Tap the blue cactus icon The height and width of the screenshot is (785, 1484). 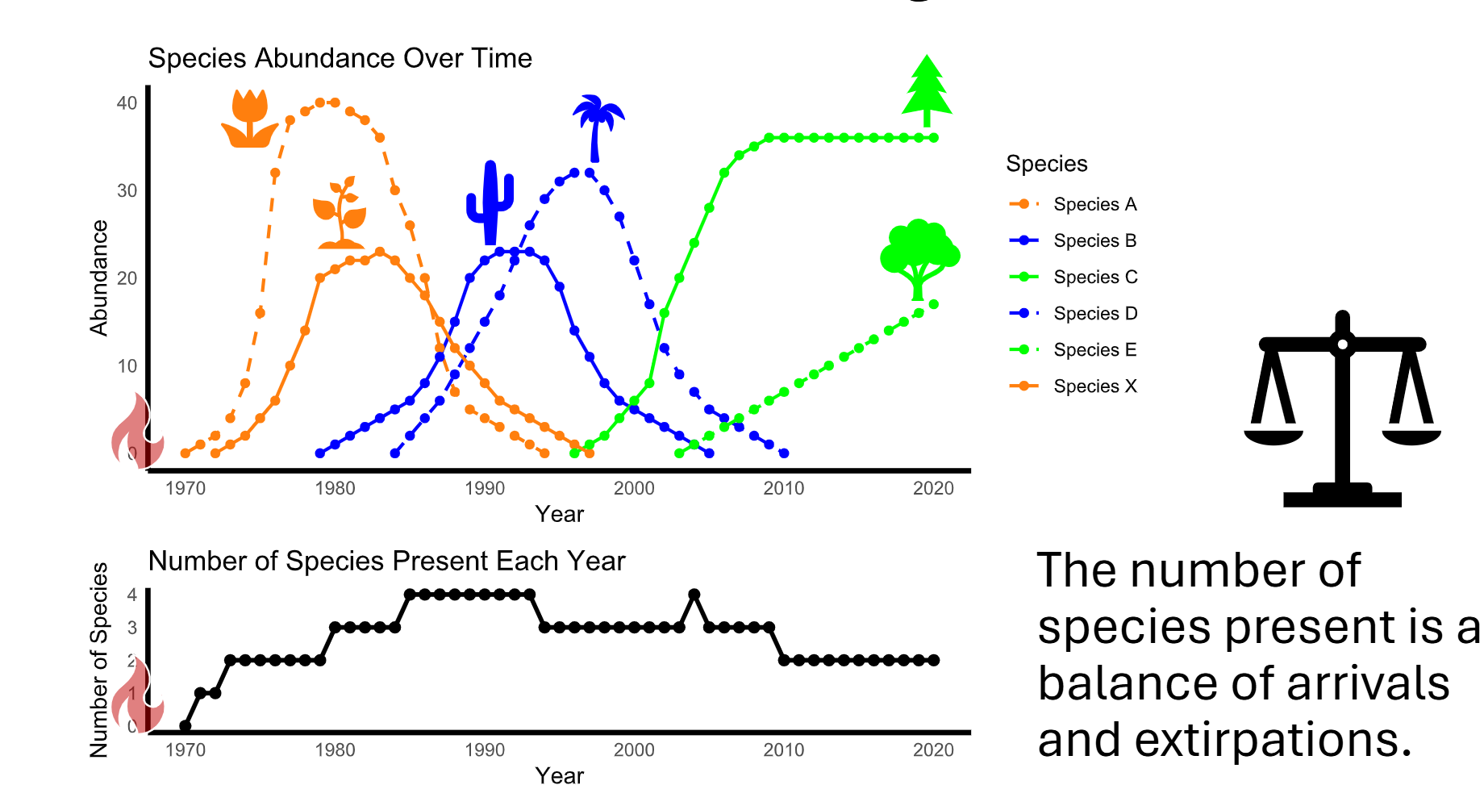[490, 203]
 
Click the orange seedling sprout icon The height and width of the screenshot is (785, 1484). [340, 214]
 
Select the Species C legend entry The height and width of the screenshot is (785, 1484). [1094, 277]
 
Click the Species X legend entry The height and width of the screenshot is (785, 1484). [1094, 386]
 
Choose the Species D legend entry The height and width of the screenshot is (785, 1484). [1094, 313]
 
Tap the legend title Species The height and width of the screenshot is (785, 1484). [1046, 164]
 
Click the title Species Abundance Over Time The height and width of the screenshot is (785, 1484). [340, 58]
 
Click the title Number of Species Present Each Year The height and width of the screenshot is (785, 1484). [386, 561]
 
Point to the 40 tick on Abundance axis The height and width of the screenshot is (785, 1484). [127, 103]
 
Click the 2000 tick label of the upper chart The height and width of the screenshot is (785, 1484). [634, 488]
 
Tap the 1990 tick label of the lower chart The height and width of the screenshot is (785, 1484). [485, 750]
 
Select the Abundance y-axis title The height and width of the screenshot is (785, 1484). [98, 278]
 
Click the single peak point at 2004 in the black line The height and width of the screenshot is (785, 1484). [694, 595]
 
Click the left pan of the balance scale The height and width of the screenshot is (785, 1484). [1273, 436]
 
